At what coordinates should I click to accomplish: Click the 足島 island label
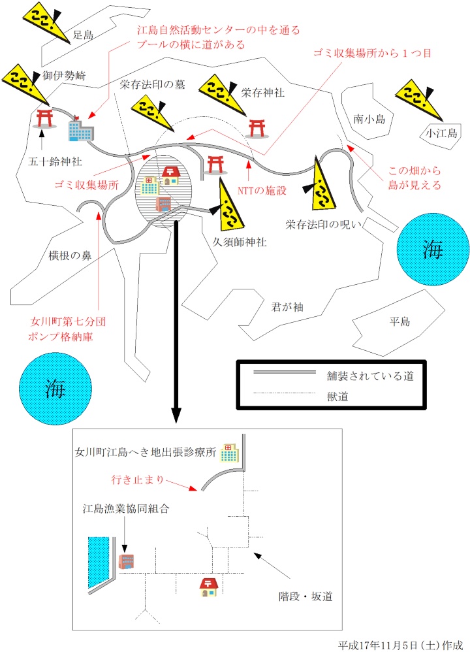[x=85, y=35]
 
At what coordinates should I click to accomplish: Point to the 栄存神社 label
[x=262, y=93]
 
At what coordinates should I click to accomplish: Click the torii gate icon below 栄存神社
[x=257, y=127]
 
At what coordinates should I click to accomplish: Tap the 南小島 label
[x=371, y=119]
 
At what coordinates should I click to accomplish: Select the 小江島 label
[x=442, y=133]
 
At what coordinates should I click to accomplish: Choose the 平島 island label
[x=399, y=321]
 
